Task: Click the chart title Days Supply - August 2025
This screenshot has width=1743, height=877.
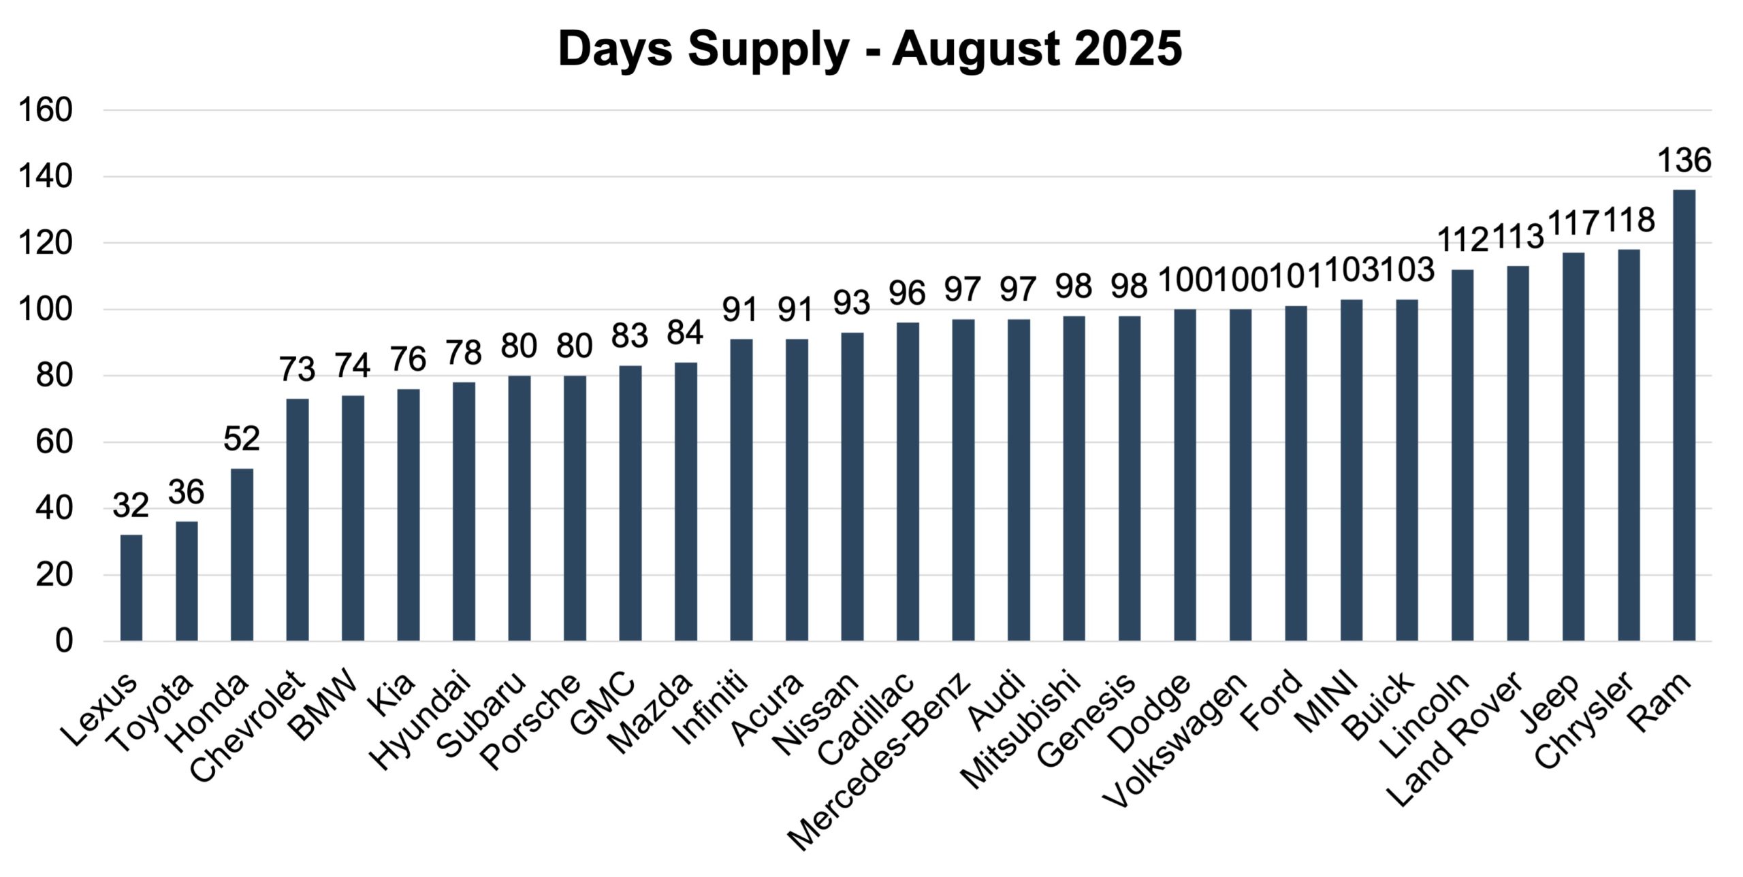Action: click(x=869, y=49)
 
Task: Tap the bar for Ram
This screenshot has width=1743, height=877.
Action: click(x=1684, y=415)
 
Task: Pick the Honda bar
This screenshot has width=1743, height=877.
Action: click(x=242, y=555)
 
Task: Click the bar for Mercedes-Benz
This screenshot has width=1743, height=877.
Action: click(x=963, y=480)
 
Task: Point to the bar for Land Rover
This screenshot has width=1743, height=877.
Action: click(x=1518, y=453)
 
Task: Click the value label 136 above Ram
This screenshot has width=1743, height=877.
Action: click(x=1684, y=161)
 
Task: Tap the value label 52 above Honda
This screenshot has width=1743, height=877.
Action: click(x=242, y=440)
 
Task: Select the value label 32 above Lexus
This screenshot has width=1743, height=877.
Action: click(x=131, y=506)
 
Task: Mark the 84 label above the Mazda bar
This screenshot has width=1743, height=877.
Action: click(x=685, y=333)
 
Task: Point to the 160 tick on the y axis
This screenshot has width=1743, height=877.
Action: click(x=46, y=110)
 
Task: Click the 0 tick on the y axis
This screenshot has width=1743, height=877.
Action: click(x=63, y=640)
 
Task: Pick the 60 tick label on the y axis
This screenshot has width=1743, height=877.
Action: click(x=54, y=442)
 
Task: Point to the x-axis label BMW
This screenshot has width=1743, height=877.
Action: click(x=323, y=704)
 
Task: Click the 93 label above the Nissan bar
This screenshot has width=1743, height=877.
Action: click(x=852, y=303)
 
